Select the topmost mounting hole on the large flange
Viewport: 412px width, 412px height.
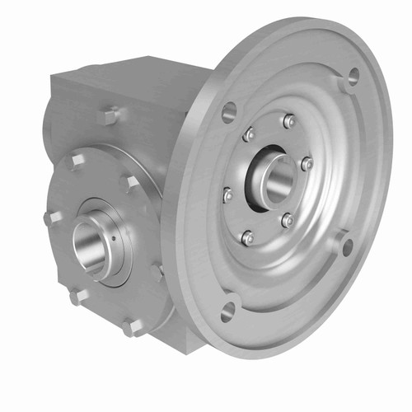[x=352, y=77]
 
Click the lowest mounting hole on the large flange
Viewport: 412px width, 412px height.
[x=228, y=310]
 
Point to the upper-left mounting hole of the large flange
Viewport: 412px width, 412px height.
[x=229, y=110]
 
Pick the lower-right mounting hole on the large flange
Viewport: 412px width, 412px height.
[x=347, y=245]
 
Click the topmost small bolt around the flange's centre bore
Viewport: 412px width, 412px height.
[x=288, y=121]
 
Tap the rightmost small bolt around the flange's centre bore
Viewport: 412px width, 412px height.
[x=307, y=164]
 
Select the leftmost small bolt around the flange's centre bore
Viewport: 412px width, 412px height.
[x=227, y=195]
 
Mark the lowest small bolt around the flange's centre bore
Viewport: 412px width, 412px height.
[x=246, y=238]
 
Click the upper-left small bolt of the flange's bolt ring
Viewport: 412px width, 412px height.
[x=248, y=134]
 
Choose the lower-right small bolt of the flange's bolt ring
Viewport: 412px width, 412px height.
[x=287, y=220]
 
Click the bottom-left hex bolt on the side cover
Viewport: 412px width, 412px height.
[x=77, y=296]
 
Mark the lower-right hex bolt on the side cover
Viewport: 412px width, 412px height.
[x=157, y=270]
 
